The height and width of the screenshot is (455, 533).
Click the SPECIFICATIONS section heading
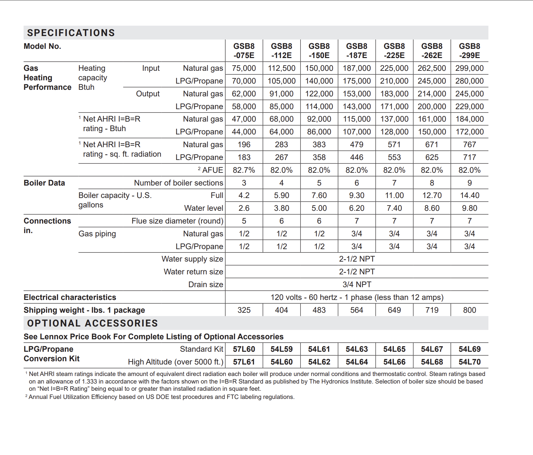coord(71,33)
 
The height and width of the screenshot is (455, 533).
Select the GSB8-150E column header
coord(319,51)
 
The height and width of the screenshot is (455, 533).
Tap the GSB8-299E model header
coord(469,51)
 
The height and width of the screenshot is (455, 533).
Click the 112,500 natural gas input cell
coord(282,68)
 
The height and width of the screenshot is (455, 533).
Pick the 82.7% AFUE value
coord(244,170)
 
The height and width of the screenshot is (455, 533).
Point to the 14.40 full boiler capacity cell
coord(469,195)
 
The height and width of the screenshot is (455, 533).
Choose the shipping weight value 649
coord(394,310)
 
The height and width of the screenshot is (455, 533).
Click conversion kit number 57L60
coord(244,349)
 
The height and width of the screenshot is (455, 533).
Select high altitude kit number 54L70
coord(469,362)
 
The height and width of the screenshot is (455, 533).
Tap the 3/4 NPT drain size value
coord(357,285)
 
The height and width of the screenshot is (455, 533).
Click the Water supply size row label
coord(192,259)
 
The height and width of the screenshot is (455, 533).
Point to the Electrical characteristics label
coord(70,297)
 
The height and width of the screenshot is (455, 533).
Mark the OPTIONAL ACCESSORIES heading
coord(92,323)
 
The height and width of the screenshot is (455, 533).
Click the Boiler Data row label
coord(44,183)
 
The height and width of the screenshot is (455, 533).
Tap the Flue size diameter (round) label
coord(177,221)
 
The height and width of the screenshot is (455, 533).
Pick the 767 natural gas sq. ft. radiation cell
coord(469,145)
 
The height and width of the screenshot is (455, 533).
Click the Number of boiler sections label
coord(178,183)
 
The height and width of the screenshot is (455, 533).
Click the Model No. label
coord(42,46)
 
